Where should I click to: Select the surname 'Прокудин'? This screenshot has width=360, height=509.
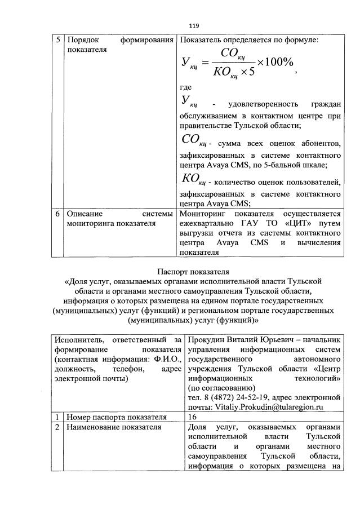pyautogui.click(x=208, y=340)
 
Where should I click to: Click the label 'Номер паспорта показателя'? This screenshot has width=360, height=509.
pyautogui.click(x=117, y=417)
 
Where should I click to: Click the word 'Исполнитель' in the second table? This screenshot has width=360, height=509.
pyautogui.click(x=79, y=340)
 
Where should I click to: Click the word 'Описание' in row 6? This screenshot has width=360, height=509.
pyautogui.click(x=86, y=214)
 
